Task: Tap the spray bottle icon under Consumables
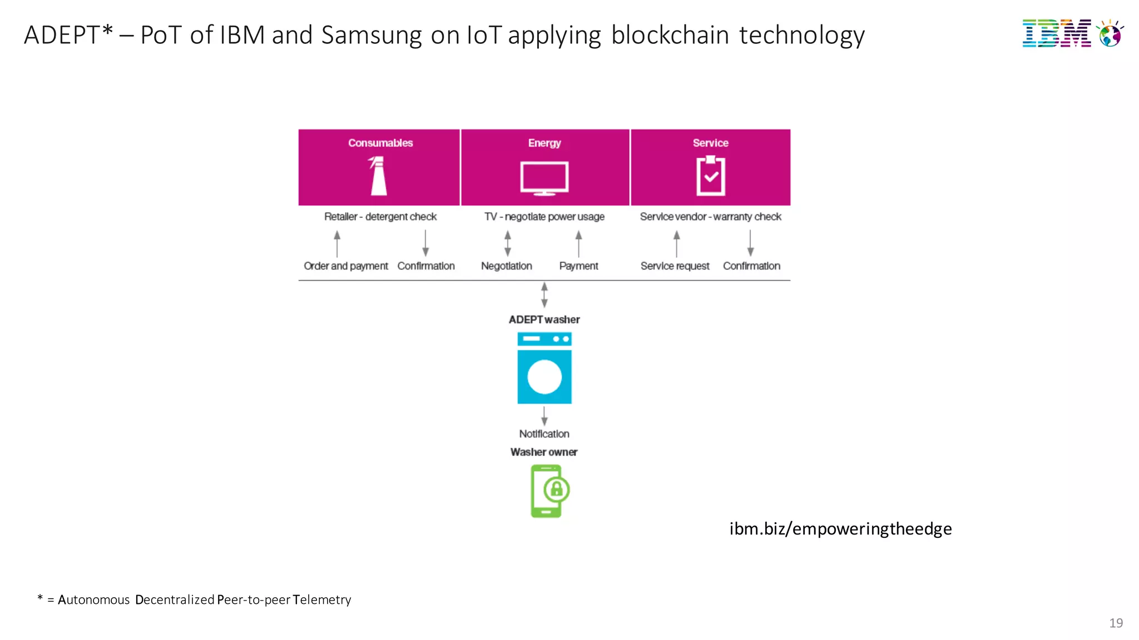(378, 176)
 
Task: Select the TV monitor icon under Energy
(544, 178)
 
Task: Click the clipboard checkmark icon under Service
(710, 176)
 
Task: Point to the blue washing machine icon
(544, 368)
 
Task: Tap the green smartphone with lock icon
(548, 491)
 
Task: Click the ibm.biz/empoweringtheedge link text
(840, 528)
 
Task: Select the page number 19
(1116, 623)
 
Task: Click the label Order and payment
(345, 266)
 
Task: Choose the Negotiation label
(506, 266)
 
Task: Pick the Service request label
(675, 266)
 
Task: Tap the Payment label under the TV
(578, 266)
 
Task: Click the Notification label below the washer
(544, 434)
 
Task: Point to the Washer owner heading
(544, 452)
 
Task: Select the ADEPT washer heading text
(544, 319)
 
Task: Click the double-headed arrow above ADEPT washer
(544, 294)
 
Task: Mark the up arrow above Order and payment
(337, 243)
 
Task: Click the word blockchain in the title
(670, 35)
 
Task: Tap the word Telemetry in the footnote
(322, 600)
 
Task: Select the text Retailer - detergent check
(380, 217)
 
